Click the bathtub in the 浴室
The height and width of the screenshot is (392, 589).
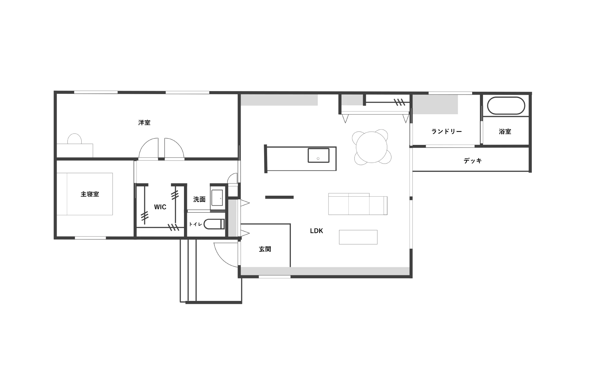click(x=506, y=106)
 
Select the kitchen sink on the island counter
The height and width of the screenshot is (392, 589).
click(x=318, y=155)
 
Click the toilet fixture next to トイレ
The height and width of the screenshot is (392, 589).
click(x=214, y=224)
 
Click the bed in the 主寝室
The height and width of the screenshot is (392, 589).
click(x=85, y=194)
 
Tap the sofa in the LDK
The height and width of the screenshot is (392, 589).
click(x=358, y=204)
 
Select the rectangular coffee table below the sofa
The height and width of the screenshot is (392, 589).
click(x=358, y=237)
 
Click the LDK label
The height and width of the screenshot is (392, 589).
click(x=316, y=231)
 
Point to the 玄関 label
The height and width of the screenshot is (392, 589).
click(x=265, y=249)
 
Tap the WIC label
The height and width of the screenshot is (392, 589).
click(x=160, y=207)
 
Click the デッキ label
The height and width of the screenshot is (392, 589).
click(x=473, y=161)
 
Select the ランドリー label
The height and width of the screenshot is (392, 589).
click(x=447, y=131)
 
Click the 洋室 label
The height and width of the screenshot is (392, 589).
click(x=144, y=122)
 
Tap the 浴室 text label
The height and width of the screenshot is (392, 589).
click(x=505, y=131)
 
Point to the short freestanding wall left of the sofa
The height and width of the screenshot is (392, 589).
click(x=279, y=197)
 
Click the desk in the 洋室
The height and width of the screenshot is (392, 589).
click(x=75, y=150)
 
